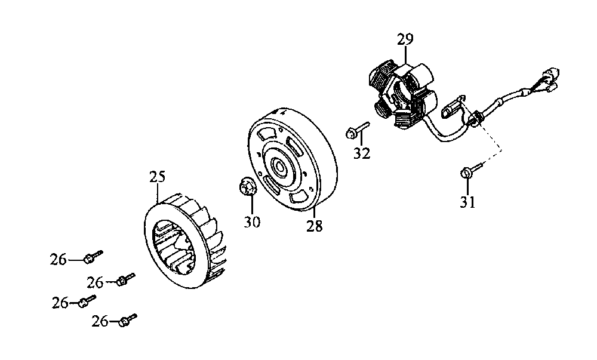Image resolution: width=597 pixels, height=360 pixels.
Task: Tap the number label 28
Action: pos(315,226)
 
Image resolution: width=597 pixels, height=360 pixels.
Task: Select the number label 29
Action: pos(405,40)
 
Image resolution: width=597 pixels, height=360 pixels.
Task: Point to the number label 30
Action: pos(253,221)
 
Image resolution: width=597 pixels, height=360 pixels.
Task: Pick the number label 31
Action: pos(467,202)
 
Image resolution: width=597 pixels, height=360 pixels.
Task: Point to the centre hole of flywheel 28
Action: pos(279,167)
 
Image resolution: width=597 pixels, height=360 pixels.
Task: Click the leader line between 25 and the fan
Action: pos(158,194)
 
